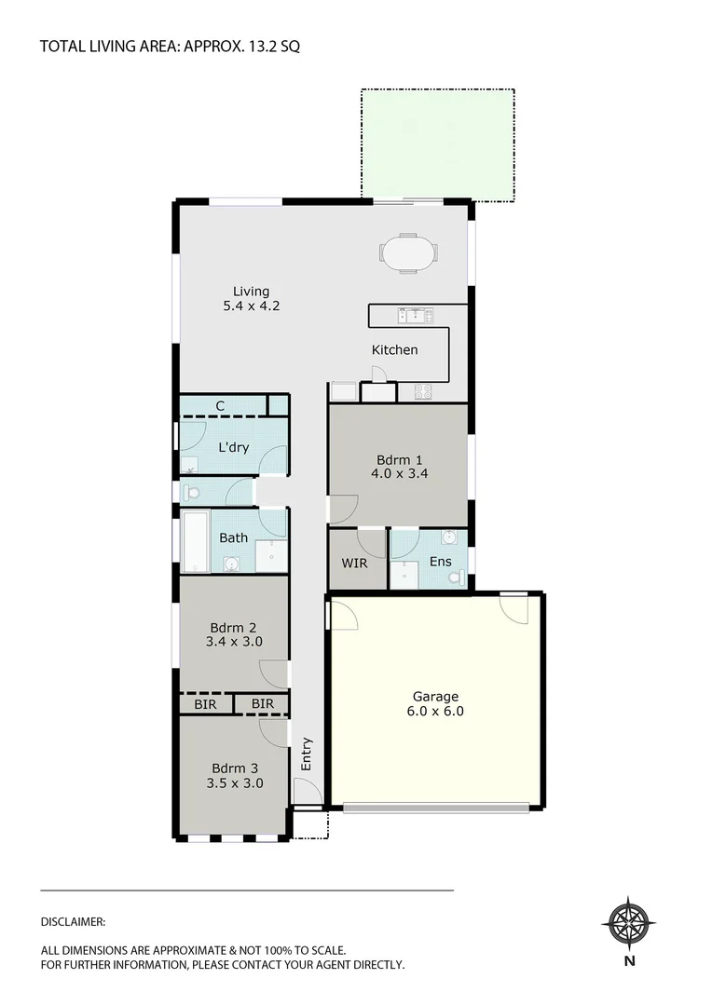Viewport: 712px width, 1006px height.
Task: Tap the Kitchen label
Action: point(395,350)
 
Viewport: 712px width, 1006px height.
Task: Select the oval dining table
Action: point(407,252)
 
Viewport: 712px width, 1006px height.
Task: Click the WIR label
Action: point(354,564)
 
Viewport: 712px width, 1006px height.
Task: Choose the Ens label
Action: point(440,562)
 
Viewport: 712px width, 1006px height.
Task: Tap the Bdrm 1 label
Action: point(400,459)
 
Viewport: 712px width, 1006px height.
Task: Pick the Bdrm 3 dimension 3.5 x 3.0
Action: point(235,783)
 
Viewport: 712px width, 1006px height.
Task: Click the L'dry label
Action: point(233,447)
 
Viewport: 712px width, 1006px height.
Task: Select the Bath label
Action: point(233,537)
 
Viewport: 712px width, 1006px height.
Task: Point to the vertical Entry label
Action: point(307,754)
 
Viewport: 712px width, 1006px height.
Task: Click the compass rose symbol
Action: point(629,923)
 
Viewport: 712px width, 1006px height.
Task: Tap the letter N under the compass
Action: point(629,961)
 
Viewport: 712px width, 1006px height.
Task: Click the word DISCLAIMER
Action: point(73,921)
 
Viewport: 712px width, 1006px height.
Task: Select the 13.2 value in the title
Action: point(259,46)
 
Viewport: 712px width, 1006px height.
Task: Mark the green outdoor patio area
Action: point(437,144)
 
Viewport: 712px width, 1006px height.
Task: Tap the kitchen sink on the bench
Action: point(411,316)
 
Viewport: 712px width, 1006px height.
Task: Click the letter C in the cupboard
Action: point(220,405)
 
